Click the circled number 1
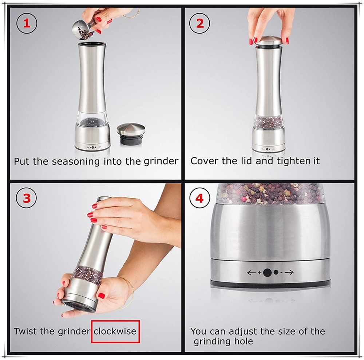[x=27, y=23]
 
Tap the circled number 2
[x=199, y=23]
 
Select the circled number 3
[x=27, y=198]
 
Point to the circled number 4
[x=199, y=198]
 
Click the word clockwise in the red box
[x=115, y=331]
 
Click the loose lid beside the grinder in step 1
[x=131, y=134]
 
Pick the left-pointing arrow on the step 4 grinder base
[x=252, y=273]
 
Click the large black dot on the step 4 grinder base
[x=268, y=273]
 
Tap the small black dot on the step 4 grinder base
[x=276, y=272]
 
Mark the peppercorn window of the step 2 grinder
[x=269, y=122]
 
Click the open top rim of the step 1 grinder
[x=92, y=44]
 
